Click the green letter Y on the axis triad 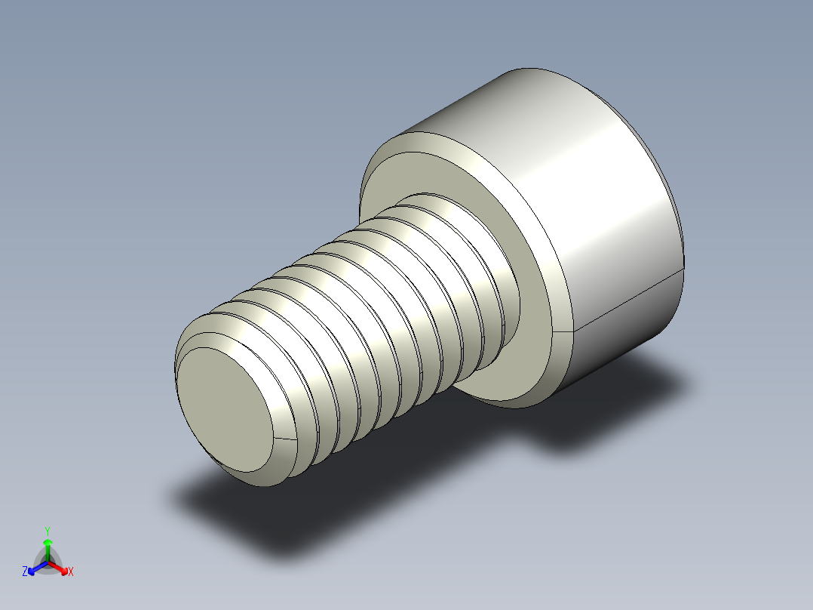(x=47, y=531)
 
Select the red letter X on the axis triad (x=71, y=572)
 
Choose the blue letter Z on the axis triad (x=25, y=572)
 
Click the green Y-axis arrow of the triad (x=48, y=547)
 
